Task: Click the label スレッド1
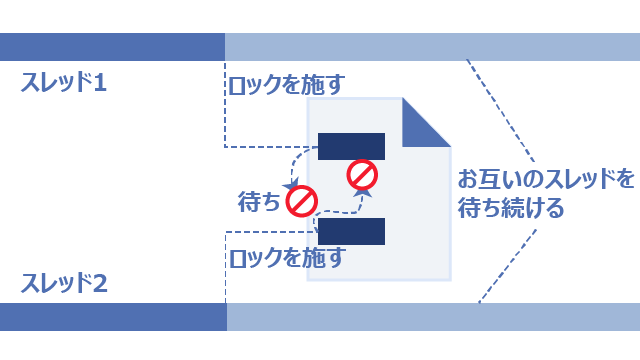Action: coord(64,82)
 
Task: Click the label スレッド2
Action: coord(64,283)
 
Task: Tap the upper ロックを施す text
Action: coord(287,85)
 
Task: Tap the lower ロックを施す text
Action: coord(287,258)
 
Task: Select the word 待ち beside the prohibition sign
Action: coord(259,202)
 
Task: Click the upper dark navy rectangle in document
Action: coord(351,146)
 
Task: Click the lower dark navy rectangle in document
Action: coord(351,231)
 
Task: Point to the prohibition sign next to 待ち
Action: coord(302,201)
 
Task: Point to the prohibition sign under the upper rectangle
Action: coord(362,175)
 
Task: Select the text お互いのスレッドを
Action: coord(546,178)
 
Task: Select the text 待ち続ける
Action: coord(511,208)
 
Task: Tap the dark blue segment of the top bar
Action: coord(112,47)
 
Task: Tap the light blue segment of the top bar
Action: coord(432,47)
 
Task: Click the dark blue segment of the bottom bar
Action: coord(113,317)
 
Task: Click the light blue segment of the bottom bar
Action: coord(433,317)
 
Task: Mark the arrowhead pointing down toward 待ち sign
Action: coord(291,185)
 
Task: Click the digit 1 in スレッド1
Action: coord(100,82)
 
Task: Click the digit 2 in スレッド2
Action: coord(100,284)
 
